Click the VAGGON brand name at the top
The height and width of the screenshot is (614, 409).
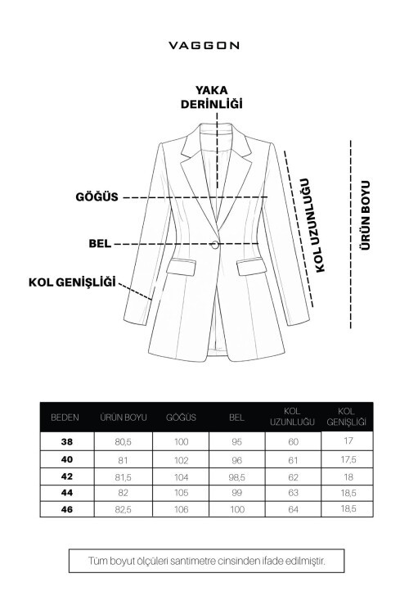click(204, 46)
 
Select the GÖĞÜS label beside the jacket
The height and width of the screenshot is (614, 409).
click(97, 197)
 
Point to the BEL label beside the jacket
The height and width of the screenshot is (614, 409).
click(100, 244)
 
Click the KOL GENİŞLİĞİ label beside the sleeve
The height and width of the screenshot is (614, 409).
click(72, 282)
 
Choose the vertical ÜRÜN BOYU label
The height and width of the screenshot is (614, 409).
click(366, 215)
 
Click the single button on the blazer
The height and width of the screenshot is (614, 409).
click(217, 242)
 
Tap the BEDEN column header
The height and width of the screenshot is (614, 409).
click(65, 417)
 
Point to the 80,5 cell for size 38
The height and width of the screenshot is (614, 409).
click(123, 441)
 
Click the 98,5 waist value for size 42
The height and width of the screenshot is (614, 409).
click(236, 476)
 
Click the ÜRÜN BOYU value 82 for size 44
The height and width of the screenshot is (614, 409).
click(123, 492)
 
